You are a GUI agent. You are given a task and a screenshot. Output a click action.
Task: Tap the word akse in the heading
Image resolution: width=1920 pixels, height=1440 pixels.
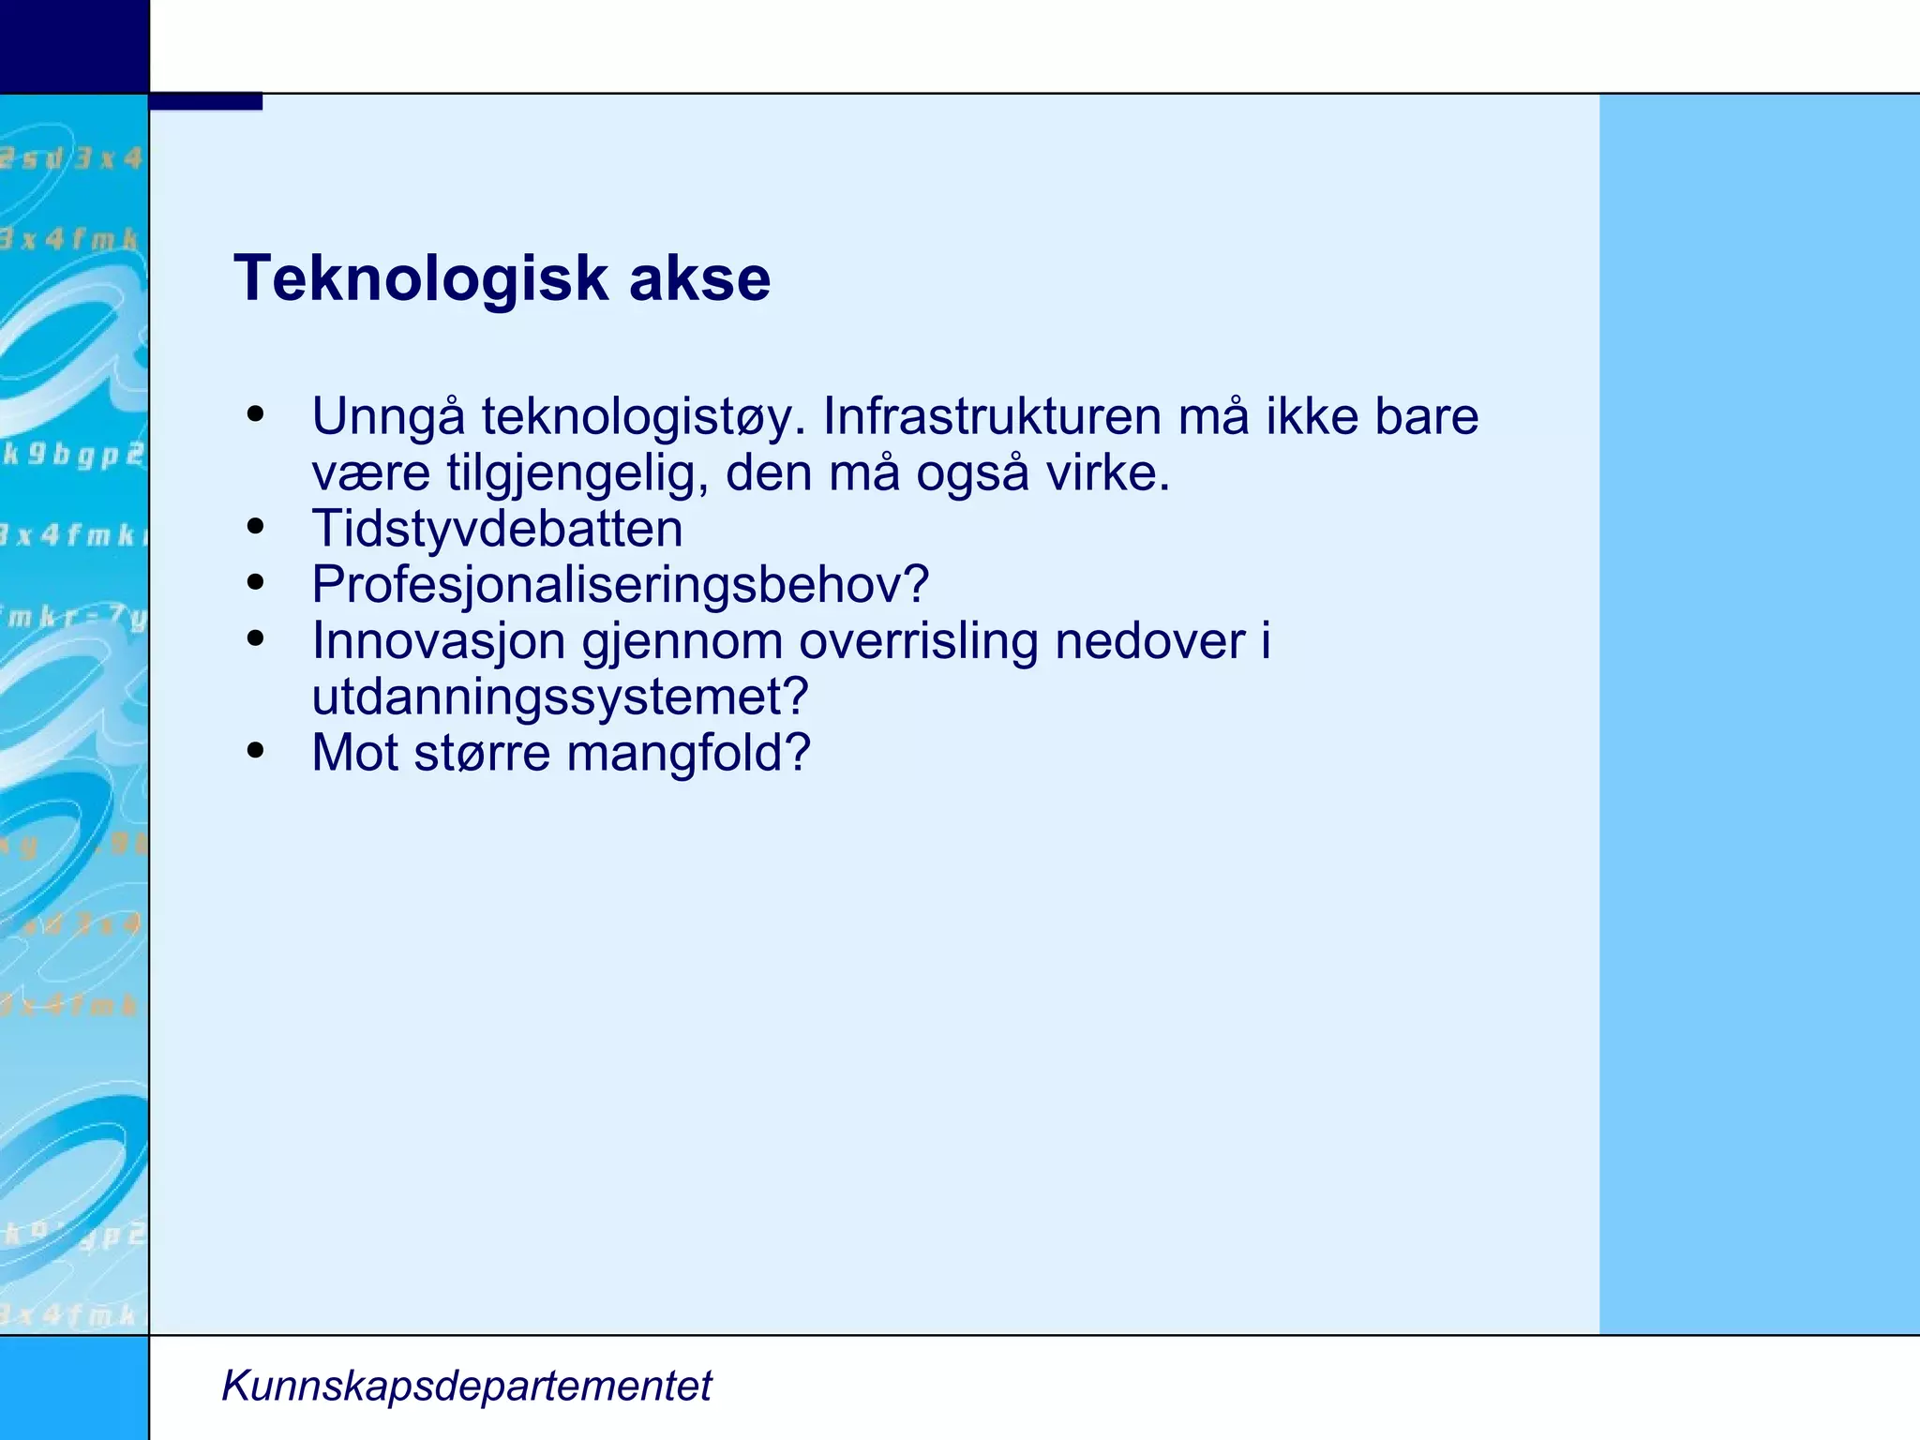(x=699, y=278)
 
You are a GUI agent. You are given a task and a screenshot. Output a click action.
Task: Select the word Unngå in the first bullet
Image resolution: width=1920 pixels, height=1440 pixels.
(x=388, y=417)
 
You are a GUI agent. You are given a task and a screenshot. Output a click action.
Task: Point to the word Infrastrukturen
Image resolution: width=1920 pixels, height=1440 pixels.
(x=992, y=417)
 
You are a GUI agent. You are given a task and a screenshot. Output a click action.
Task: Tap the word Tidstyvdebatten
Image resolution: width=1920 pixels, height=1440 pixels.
(x=497, y=529)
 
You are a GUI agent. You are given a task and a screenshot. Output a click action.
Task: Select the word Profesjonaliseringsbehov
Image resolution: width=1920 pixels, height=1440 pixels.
(x=620, y=585)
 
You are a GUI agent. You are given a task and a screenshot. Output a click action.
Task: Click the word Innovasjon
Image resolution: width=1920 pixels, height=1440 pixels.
(x=439, y=641)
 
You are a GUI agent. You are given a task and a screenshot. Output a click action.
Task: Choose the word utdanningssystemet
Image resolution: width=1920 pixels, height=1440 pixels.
(x=559, y=697)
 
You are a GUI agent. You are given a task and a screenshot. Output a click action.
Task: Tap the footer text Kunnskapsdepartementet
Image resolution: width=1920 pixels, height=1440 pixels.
(x=466, y=1386)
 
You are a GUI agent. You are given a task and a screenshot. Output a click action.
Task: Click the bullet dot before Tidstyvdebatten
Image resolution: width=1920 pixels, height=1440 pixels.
(x=255, y=527)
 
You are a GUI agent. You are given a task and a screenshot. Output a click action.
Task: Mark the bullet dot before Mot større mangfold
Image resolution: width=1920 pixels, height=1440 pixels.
(x=255, y=751)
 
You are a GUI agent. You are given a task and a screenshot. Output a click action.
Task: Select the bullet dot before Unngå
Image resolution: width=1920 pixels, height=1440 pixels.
(x=255, y=414)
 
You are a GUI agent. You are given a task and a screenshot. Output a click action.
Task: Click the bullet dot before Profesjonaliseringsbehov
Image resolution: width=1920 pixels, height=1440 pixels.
(x=255, y=583)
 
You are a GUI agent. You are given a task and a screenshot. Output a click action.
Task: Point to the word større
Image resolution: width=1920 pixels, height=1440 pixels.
(x=482, y=753)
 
